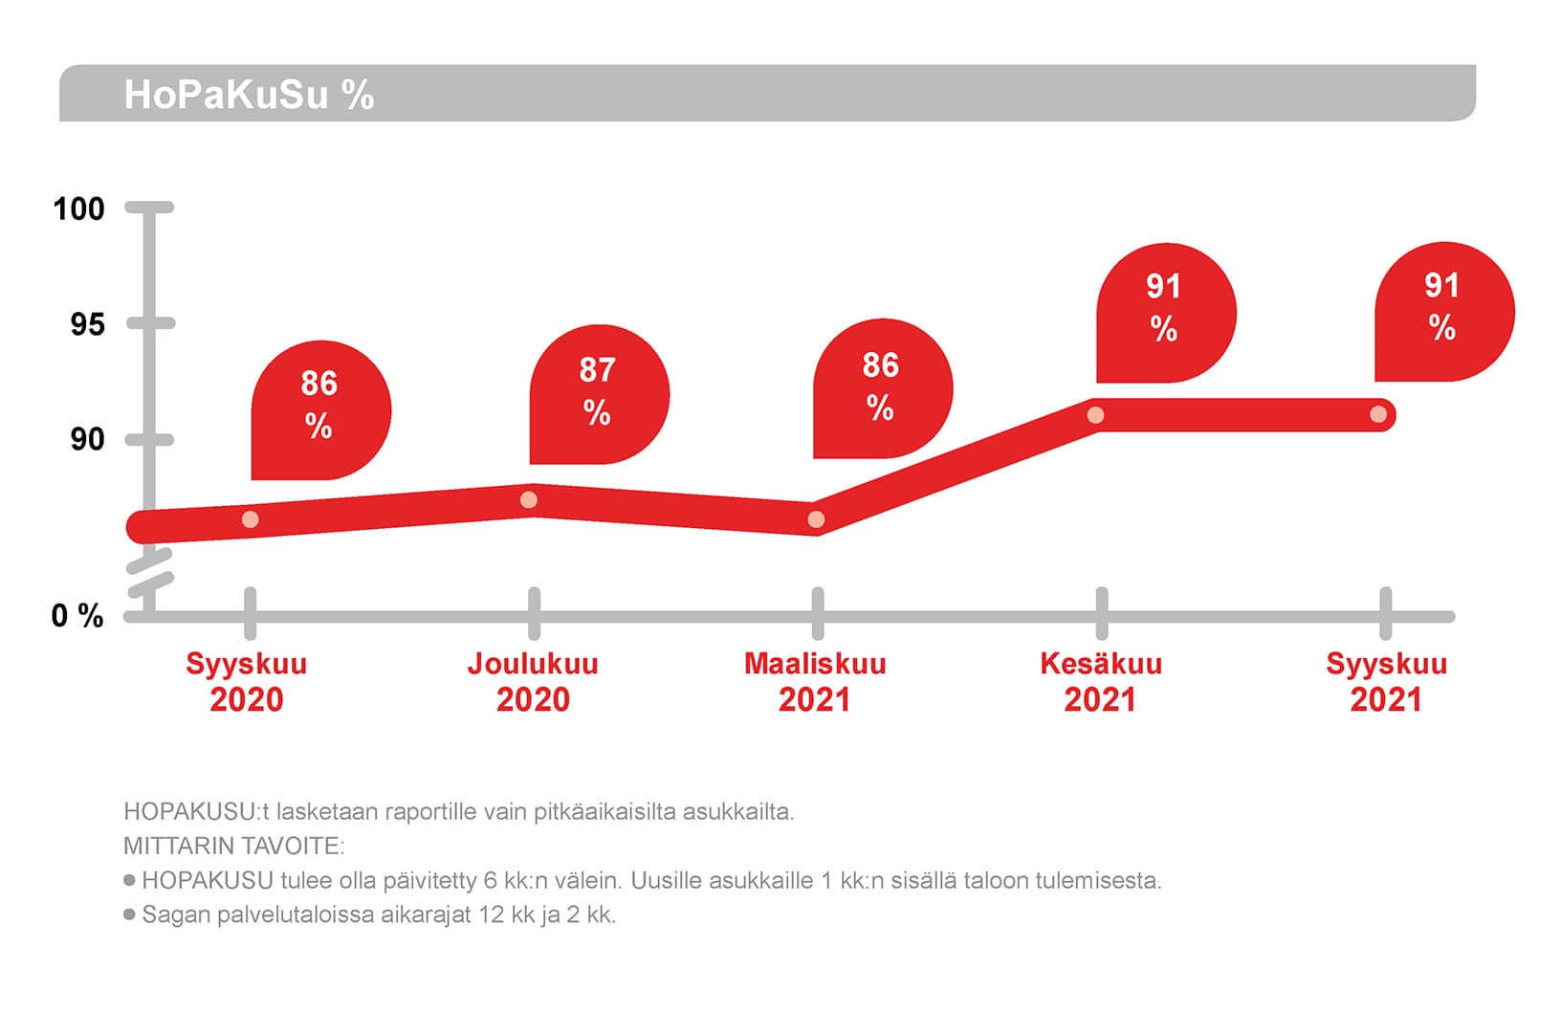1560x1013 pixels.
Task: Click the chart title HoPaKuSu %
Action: [249, 95]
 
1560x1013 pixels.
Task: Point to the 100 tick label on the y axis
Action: [78, 209]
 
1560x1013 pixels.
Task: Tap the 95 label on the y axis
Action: [86, 324]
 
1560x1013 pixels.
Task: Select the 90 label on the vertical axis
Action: [86, 439]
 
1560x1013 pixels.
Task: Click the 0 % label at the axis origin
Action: [77, 616]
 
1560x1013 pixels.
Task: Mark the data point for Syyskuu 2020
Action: [250, 519]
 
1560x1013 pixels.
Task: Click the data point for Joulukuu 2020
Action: [529, 500]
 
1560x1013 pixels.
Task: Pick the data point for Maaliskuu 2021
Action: [816, 519]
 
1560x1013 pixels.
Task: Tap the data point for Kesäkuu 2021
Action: [1096, 415]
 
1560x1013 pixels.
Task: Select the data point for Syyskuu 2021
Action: [1378, 414]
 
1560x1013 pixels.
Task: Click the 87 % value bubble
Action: [598, 392]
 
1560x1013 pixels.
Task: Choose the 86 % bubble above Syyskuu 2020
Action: [319, 407]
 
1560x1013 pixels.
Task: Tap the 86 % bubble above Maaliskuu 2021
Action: [881, 387]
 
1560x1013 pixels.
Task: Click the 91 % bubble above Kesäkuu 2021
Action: [1164, 310]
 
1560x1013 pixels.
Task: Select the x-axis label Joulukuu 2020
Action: [533, 681]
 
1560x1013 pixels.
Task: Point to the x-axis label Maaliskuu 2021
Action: [815, 681]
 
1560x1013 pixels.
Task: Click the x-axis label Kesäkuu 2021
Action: [1101, 681]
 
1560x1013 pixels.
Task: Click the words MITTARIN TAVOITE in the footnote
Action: [233, 846]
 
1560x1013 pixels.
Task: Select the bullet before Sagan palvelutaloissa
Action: [129, 914]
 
